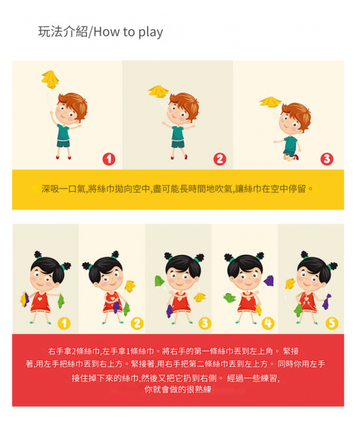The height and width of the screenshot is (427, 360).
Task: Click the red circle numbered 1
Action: (109, 159)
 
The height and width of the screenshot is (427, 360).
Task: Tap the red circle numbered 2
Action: (220, 159)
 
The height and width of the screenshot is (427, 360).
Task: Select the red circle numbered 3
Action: (327, 159)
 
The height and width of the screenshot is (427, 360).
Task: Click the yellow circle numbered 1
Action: (64, 324)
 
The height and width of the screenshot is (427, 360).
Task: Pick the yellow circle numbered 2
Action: (137, 324)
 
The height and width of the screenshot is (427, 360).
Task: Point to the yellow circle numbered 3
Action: (205, 324)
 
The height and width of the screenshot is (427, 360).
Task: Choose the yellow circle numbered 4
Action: (268, 324)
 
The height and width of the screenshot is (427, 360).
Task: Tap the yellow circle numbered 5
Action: (332, 324)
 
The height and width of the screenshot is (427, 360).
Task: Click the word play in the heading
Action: (151, 32)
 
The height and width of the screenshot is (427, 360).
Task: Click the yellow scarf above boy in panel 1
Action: (50, 79)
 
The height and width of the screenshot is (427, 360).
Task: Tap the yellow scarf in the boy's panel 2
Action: (158, 91)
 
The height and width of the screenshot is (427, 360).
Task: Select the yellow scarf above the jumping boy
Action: (270, 102)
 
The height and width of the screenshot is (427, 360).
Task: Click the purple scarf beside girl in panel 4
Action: (269, 280)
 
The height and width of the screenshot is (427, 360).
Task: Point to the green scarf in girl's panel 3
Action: (160, 281)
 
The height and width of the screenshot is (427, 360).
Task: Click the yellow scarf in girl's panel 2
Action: (130, 286)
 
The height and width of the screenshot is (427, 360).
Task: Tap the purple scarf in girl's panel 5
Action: (327, 301)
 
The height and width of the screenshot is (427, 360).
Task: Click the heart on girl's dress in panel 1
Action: (40, 298)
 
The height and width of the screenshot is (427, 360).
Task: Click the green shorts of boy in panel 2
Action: (178, 144)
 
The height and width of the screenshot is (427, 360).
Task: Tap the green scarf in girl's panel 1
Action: (61, 301)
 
